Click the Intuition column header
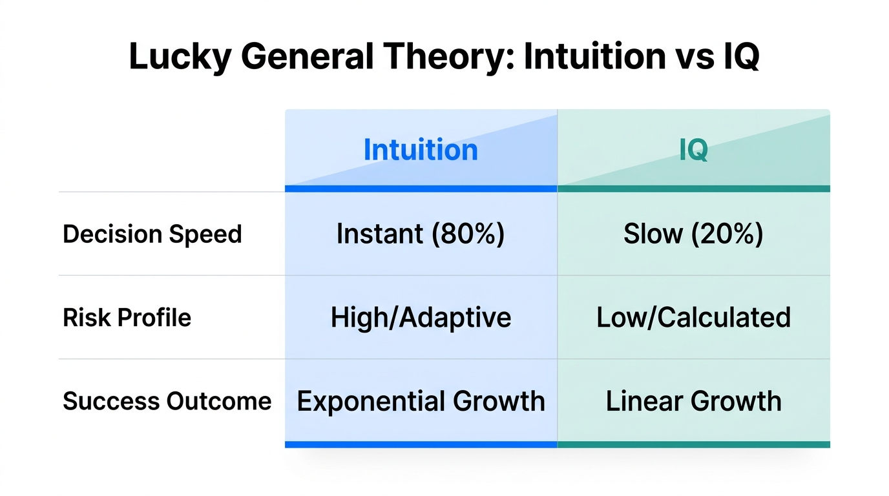tap(421, 150)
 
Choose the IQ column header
tap(693, 150)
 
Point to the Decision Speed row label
tap(152, 234)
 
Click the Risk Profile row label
tap(127, 318)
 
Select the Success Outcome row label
tap(167, 401)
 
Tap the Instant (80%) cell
tap(421, 234)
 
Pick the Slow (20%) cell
tap(693, 234)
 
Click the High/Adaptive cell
tap(421, 318)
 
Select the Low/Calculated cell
tap(693, 318)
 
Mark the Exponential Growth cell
tap(421, 401)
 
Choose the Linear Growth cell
tap(693, 401)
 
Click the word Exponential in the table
tap(371, 401)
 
